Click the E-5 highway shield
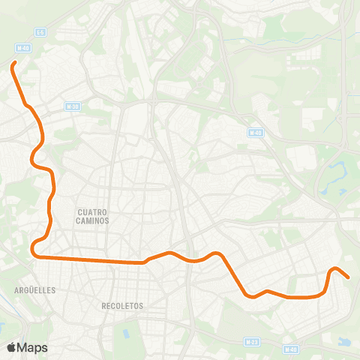click(x=40, y=32)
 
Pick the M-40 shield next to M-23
click(x=291, y=349)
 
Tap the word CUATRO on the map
click(x=93, y=212)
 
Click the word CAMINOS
click(x=93, y=221)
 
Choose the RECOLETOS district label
click(x=121, y=306)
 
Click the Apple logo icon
click(x=11, y=348)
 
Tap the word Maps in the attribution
click(x=32, y=348)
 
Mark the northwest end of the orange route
click(x=13, y=66)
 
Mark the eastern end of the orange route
click(x=349, y=277)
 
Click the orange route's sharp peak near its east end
click(x=336, y=268)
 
